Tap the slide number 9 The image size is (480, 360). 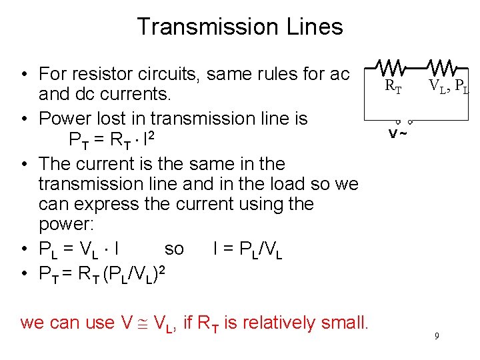(x=436, y=336)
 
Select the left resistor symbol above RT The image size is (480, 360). (x=389, y=67)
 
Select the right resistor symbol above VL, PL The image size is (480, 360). (x=443, y=67)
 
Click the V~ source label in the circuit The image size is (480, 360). (x=399, y=132)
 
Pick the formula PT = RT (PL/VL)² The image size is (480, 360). (x=106, y=272)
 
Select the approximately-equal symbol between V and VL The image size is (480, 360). (x=143, y=323)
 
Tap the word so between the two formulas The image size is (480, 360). (x=174, y=249)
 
